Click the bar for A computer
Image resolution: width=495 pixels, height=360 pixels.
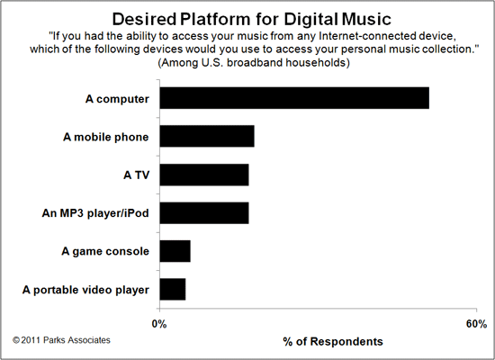[294, 97]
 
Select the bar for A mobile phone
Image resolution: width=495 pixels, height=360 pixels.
[207, 136]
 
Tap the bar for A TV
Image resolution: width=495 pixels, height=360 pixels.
[204, 175]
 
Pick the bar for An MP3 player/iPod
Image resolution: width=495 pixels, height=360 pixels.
[204, 213]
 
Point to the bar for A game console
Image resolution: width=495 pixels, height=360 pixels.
[175, 251]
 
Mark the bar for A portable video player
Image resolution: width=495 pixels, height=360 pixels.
[173, 289]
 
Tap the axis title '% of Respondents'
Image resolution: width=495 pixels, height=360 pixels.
[333, 342]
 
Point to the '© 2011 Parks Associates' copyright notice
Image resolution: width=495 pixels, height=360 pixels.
[62, 341]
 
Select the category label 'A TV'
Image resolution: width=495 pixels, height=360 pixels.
[137, 175]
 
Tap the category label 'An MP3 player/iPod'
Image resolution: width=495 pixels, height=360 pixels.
[94, 213]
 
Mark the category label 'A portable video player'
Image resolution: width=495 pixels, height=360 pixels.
[85, 290]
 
